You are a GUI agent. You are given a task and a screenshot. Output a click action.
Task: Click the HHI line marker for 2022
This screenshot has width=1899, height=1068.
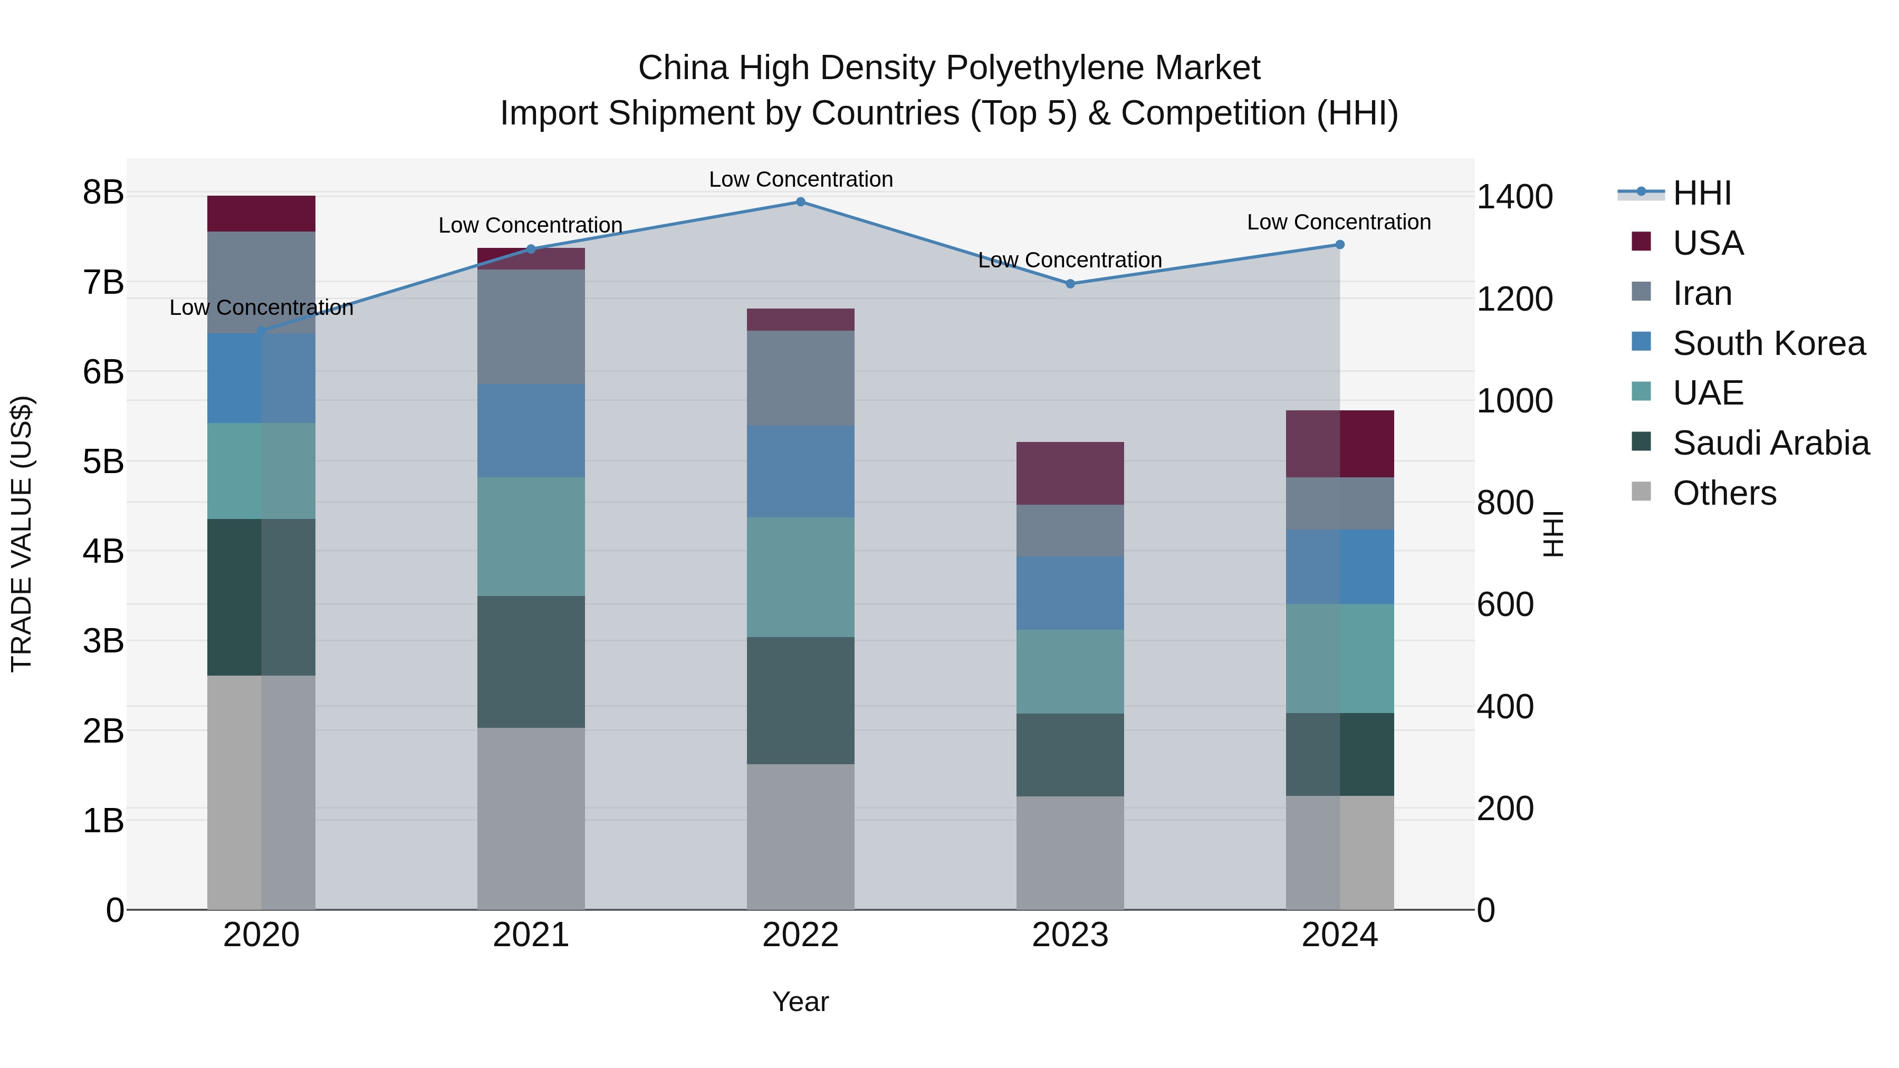click(x=801, y=202)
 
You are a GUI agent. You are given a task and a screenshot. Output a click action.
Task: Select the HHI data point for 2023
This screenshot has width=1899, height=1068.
click(x=1070, y=284)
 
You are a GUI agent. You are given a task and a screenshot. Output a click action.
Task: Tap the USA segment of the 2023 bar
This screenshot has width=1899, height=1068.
click(x=1070, y=473)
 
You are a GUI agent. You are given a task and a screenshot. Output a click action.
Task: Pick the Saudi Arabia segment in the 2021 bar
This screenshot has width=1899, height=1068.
click(x=531, y=661)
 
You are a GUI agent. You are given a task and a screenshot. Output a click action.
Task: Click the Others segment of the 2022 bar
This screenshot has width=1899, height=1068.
click(x=801, y=836)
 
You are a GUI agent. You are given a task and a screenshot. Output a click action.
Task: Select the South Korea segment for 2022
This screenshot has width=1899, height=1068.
click(x=801, y=471)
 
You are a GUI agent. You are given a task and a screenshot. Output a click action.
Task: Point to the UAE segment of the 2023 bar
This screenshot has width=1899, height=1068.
click(x=1070, y=671)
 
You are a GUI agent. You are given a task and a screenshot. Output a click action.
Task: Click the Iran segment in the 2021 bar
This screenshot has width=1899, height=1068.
click(x=531, y=326)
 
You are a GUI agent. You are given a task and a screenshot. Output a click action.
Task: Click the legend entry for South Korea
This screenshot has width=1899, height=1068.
click(x=1768, y=343)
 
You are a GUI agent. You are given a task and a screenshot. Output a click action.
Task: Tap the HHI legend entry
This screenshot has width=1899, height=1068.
click(x=1701, y=193)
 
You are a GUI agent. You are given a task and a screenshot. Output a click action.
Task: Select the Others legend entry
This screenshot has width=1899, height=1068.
click(x=1723, y=493)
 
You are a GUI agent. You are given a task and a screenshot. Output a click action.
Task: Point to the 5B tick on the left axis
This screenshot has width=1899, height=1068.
click(x=103, y=462)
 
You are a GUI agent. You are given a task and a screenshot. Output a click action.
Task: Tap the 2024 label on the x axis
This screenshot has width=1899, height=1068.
click(x=1339, y=935)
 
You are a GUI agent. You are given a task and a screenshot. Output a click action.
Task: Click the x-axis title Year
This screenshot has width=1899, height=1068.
click(x=801, y=1002)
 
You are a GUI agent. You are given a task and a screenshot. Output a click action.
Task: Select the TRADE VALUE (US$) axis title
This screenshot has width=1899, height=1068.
click(x=22, y=534)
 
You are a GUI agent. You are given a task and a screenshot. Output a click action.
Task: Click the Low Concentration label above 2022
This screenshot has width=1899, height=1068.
click(x=801, y=179)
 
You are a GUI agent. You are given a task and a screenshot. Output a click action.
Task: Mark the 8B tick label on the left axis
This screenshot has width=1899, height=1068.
click(x=103, y=193)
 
